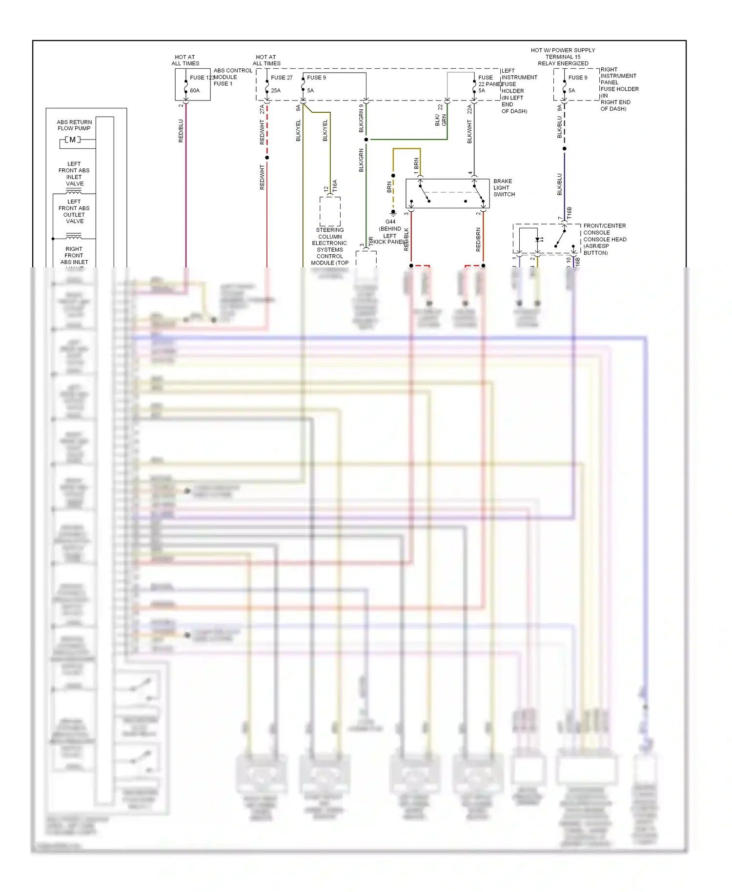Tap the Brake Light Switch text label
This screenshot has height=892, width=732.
coord(504,188)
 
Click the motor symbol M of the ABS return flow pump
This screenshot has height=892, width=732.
coord(73,140)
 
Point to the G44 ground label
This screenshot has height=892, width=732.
coord(390,222)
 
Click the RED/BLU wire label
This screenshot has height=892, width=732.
coord(181,131)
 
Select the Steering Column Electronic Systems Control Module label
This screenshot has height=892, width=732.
coord(330,246)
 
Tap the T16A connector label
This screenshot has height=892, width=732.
coord(335,186)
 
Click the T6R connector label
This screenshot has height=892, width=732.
coord(371,241)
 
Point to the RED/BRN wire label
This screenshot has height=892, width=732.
coord(478,240)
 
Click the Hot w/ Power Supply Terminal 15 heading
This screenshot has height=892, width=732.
coord(563,57)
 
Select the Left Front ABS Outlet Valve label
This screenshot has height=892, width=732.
coord(74,211)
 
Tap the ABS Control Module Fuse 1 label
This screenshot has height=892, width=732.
coord(232,77)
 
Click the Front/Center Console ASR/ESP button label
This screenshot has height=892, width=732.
coord(604,239)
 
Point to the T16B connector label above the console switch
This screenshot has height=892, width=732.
coord(569,213)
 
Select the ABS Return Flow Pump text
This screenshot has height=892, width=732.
coord(74,125)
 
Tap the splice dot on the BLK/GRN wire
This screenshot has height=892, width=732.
coord(366,140)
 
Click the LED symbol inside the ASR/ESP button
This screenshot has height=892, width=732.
coord(538,240)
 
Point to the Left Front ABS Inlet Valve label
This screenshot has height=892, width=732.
coord(74,174)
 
